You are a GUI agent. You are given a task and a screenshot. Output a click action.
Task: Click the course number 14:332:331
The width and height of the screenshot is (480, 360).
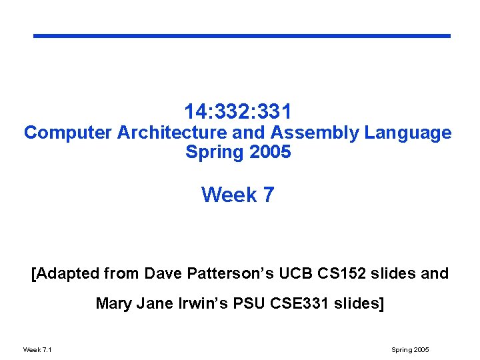pos(238,111)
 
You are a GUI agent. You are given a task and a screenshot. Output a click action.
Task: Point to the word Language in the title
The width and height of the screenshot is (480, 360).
pos(408,133)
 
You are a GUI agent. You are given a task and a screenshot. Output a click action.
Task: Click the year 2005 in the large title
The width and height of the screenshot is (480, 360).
pos(270,152)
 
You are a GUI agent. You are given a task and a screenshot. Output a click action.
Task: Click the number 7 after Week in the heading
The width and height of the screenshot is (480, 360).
pos(268,195)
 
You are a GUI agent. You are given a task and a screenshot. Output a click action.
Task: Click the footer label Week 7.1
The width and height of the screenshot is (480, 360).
pos(37,349)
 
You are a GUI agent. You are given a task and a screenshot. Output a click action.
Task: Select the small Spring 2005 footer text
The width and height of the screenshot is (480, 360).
pos(410,349)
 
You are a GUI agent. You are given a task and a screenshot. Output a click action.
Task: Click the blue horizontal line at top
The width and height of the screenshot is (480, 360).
pos(242,36)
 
